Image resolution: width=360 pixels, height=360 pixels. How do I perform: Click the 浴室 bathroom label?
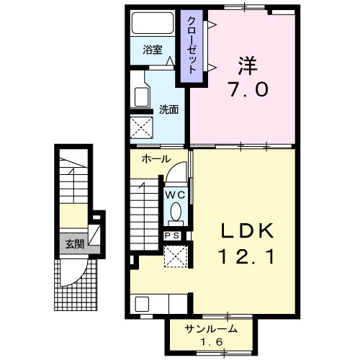click(x=153, y=50)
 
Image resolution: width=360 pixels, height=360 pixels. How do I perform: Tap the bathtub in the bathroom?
click(x=153, y=23)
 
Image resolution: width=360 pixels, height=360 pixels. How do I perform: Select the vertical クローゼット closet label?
click(x=192, y=45)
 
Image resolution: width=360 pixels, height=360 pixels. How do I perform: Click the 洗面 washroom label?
click(x=169, y=109)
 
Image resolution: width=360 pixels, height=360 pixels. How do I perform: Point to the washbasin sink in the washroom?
click(x=141, y=97)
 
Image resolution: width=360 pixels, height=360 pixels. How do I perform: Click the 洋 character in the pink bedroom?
click(x=248, y=66)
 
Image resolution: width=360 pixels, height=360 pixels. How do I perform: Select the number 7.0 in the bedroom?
click(x=248, y=89)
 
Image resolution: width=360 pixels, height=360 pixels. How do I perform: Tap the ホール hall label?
click(x=156, y=159)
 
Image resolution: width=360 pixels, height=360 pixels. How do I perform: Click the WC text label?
click(x=176, y=195)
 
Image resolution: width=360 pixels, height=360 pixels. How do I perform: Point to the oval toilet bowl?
click(x=176, y=212)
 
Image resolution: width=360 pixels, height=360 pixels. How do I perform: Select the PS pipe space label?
click(x=172, y=236)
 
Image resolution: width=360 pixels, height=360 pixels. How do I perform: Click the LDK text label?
click(x=247, y=231)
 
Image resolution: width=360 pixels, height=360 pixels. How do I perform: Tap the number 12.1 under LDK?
click(x=246, y=256)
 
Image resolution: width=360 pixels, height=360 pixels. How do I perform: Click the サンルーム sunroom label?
click(x=211, y=329)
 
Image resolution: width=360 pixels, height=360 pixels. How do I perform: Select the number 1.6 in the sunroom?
click(x=212, y=342)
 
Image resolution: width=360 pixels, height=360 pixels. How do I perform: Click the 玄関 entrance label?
click(x=75, y=245)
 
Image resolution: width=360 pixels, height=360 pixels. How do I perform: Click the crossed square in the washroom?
click(x=142, y=127)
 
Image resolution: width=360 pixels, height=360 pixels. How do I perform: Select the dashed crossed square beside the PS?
click(x=176, y=256)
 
